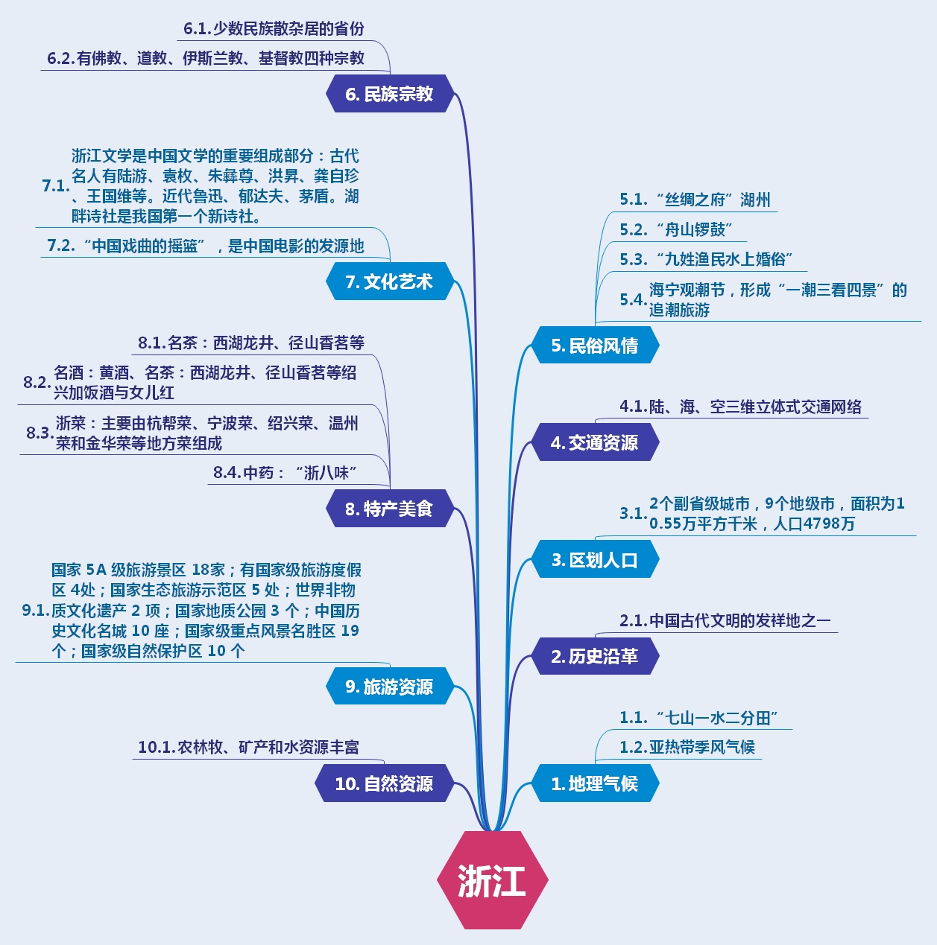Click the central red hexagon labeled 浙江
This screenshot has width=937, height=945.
pyautogui.click(x=492, y=880)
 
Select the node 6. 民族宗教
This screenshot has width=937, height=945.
pyautogui.click(x=389, y=94)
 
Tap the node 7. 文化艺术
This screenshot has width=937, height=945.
pyautogui.click(x=389, y=281)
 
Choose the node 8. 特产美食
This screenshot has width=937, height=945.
pyautogui.click(x=389, y=509)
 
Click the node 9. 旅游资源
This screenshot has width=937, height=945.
pyautogui.click(x=389, y=687)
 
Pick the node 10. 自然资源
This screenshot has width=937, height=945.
pyautogui.click(x=383, y=783)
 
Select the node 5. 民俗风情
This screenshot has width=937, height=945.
pyautogui.click(x=594, y=346)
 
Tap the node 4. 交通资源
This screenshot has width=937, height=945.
pyautogui.click(x=594, y=442)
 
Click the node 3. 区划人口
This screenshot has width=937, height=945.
pyautogui.click(x=594, y=560)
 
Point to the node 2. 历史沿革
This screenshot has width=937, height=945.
pyautogui.click(x=594, y=656)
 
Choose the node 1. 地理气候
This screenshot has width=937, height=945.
pyautogui.click(x=594, y=783)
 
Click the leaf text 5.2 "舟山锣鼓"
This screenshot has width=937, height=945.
pyautogui.click(x=677, y=229)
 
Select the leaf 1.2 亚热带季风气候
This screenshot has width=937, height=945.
pyautogui.click(x=687, y=747)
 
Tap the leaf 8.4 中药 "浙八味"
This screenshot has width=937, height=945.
pyautogui.click(x=285, y=472)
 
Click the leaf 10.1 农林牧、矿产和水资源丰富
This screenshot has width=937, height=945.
pyautogui.click(x=249, y=747)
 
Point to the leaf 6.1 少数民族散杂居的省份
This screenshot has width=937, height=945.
pyautogui.click(x=274, y=28)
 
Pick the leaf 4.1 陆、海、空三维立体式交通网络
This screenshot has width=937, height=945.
pyautogui.click(x=741, y=407)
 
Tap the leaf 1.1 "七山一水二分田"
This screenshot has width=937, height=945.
pyautogui.click(x=699, y=718)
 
